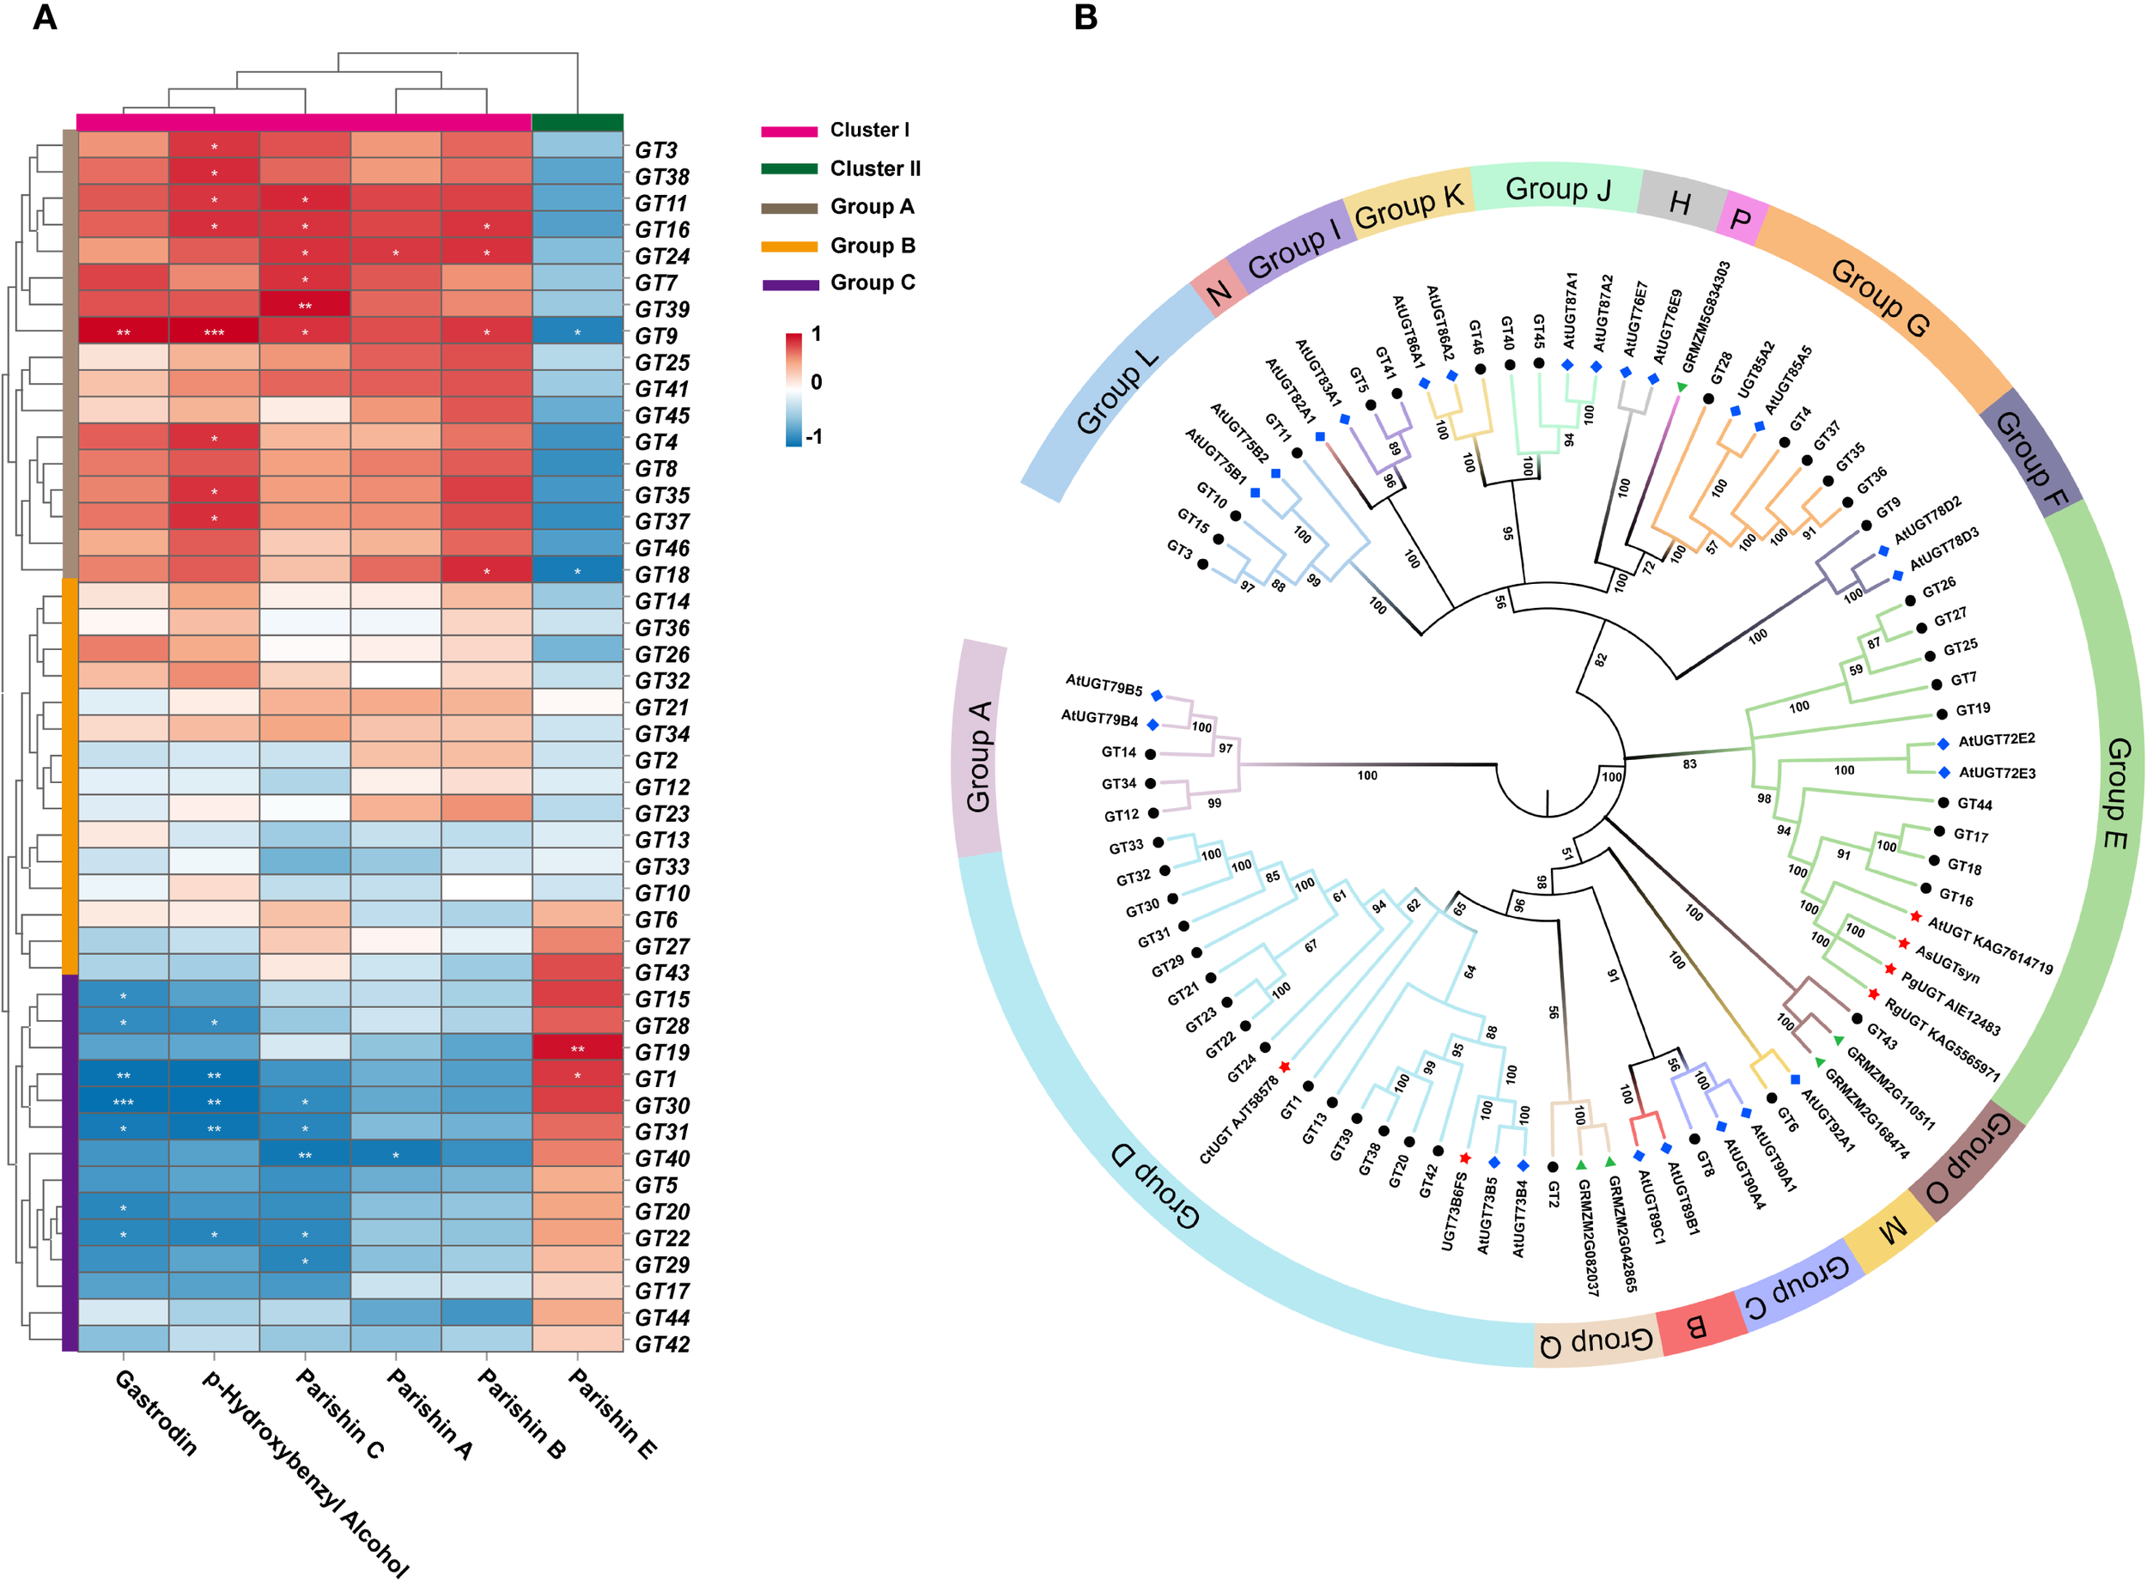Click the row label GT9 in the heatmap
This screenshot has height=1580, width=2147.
point(656,336)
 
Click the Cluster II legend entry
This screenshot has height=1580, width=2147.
point(874,168)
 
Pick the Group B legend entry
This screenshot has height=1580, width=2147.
point(873,246)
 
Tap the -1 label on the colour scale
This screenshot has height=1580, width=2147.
point(814,436)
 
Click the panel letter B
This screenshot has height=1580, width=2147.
point(1086,17)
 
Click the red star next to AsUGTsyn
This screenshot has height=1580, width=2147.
point(1904,943)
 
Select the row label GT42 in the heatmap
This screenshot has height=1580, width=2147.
point(662,1344)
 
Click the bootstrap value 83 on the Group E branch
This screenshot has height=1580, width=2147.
point(1690,763)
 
